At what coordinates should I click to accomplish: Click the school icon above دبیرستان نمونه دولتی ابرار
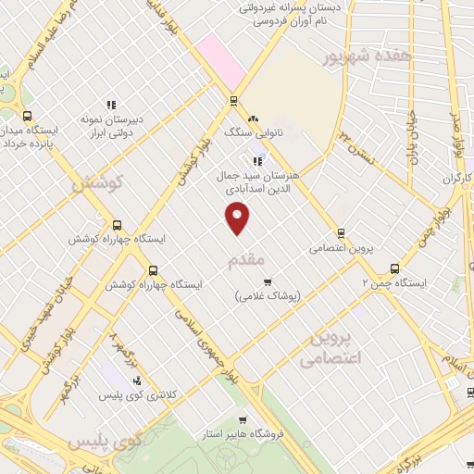pyautogui.click(x=110, y=104)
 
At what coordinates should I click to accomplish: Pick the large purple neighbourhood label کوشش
pyautogui.click(x=95, y=184)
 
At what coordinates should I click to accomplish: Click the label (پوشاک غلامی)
pyautogui.click(x=268, y=297)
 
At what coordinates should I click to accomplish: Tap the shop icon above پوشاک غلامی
pyautogui.click(x=268, y=281)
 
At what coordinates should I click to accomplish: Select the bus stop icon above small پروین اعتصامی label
pyautogui.click(x=341, y=233)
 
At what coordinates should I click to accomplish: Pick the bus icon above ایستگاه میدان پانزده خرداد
pyautogui.click(x=27, y=117)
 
